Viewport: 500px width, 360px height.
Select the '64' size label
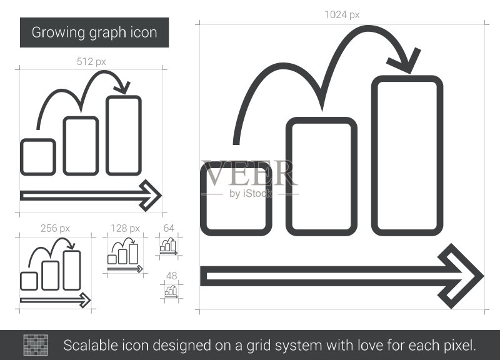(169, 228)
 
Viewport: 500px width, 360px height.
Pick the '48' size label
(171, 276)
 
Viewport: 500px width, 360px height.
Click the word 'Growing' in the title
(58, 33)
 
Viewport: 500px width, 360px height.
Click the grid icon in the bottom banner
(36, 345)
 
